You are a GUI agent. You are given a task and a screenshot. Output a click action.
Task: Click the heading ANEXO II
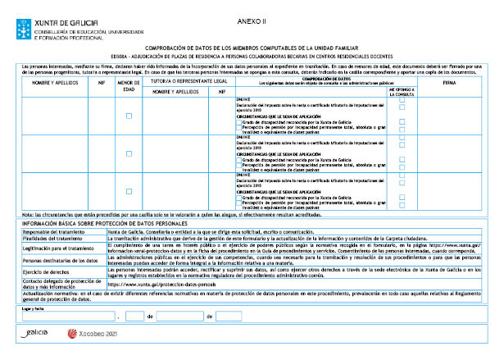(x=257, y=18)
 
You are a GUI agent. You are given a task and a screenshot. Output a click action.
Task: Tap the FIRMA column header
(x=449, y=84)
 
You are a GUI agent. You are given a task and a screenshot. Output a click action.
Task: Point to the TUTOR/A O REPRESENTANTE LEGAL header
(x=188, y=82)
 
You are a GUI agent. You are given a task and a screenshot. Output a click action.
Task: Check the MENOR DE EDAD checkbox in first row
(x=129, y=116)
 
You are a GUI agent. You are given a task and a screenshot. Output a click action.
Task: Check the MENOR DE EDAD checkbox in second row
(x=129, y=154)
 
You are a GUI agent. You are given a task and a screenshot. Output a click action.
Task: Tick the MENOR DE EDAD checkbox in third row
(x=129, y=192)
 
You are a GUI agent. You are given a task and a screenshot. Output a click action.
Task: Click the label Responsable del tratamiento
(x=52, y=232)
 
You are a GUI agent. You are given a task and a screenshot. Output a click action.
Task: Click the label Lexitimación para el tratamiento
(x=54, y=248)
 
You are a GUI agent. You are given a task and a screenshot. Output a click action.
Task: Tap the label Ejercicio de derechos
(x=44, y=270)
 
